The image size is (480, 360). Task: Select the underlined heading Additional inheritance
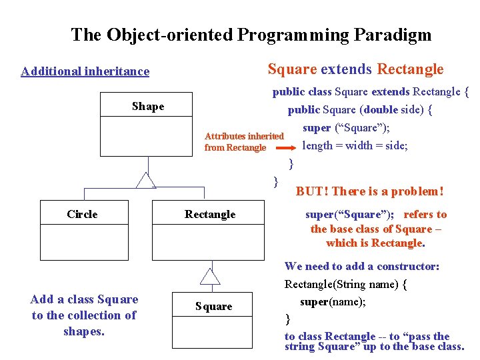[x=85, y=71]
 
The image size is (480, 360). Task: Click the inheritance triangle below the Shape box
[x=145, y=180]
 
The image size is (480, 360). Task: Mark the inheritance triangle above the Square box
[x=210, y=276]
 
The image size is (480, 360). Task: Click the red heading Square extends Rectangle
[x=355, y=69]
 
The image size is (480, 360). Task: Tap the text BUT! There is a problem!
[x=369, y=191]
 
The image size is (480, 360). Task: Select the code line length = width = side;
[x=355, y=145]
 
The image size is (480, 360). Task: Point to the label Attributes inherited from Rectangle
[x=243, y=141]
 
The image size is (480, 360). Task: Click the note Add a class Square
[x=84, y=299]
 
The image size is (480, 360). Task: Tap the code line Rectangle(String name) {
[x=346, y=285]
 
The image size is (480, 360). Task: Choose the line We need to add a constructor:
[x=362, y=266]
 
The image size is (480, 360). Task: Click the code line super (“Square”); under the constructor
[x=346, y=127]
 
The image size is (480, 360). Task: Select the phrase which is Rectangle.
[x=375, y=243]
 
